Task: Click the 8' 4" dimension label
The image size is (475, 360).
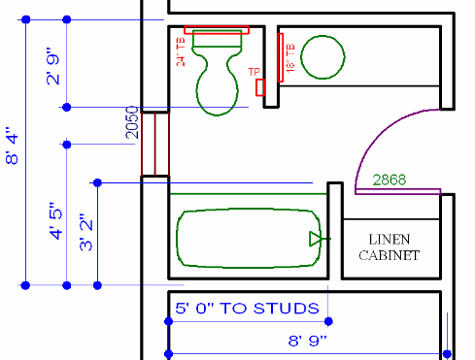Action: click(x=12, y=146)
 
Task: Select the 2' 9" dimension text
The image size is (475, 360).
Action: click(x=53, y=67)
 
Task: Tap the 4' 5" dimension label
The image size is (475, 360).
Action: click(x=55, y=221)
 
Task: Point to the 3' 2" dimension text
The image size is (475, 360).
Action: click(x=86, y=232)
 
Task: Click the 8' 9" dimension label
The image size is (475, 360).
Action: click(x=308, y=341)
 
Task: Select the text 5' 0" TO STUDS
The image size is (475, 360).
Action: click(x=247, y=309)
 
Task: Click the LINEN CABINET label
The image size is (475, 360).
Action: click(x=390, y=247)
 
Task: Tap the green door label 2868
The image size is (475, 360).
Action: click(x=390, y=180)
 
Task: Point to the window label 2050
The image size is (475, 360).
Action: click(x=132, y=122)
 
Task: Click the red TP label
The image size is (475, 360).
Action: click(x=254, y=72)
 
